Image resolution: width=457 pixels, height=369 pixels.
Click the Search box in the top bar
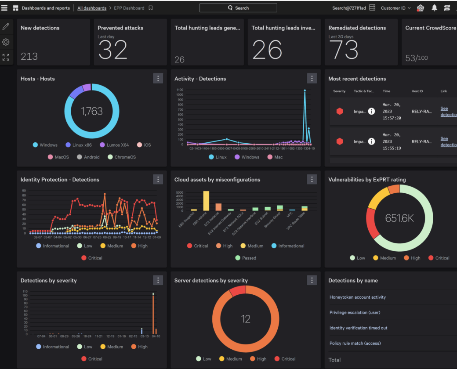click(x=238, y=8)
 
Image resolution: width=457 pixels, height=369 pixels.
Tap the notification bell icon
click(x=434, y=8)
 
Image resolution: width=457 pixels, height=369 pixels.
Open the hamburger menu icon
click(x=4, y=8)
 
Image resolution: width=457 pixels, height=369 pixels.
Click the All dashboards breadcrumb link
click(x=92, y=8)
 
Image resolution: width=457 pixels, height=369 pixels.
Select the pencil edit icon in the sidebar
click(x=6, y=27)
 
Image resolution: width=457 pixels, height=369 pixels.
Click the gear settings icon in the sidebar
click(x=6, y=42)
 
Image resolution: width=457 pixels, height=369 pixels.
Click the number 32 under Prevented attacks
click(x=112, y=50)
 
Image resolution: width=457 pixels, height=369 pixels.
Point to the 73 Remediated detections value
click(x=343, y=50)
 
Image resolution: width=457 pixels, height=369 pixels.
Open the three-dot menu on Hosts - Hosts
click(x=158, y=78)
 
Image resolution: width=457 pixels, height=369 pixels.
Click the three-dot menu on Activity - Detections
click(x=312, y=78)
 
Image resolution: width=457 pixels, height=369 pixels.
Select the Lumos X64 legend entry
click(x=114, y=145)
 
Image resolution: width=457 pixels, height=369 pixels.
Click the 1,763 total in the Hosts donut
click(x=92, y=111)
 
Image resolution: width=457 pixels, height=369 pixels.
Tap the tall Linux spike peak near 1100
click(x=305, y=91)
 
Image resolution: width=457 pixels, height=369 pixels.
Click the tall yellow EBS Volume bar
click(x=206, y=201)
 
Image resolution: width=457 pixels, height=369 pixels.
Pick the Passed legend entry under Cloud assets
click(x=246, y=258)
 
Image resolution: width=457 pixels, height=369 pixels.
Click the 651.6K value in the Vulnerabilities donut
click(x=399, y=218)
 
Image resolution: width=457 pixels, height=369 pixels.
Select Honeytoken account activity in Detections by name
click(x=358, y=297)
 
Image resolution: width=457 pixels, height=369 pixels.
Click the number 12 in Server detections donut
click(x=246, y=319)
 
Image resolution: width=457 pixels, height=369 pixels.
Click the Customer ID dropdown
click(x=395, y=8)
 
